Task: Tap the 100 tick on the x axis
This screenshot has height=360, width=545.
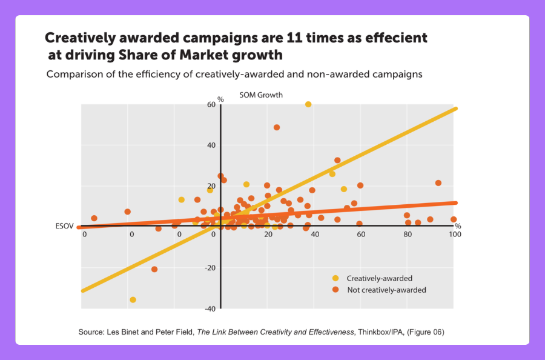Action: tap(452, 235)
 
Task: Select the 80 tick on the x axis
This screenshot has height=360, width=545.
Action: tap(407, 235)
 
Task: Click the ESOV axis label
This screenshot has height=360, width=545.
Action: tap(64, 226)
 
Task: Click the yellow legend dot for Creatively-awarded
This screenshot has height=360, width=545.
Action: tap(336, 278)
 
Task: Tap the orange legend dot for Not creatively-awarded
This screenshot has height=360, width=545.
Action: tap(336, 290)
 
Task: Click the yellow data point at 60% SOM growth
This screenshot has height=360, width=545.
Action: tap(308, 104)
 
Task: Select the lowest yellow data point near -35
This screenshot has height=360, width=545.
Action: tap(133, 299)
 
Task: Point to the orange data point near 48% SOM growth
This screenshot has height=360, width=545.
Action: tap(277, 127)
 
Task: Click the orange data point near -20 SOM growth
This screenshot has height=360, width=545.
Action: tap(154, 269)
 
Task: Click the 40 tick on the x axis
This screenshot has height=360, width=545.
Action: tap(314, 235)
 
